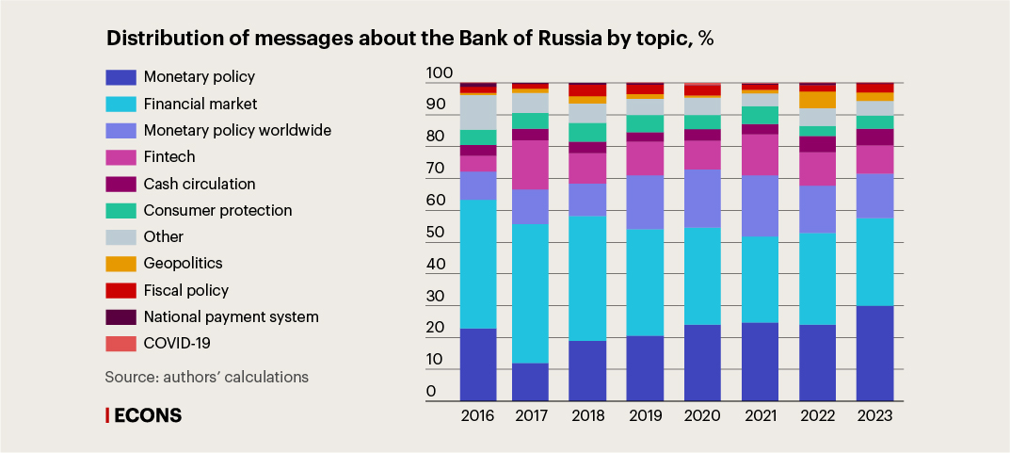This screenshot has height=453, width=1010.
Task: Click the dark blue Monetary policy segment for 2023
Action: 874,353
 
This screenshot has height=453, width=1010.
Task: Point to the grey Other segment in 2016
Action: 478,112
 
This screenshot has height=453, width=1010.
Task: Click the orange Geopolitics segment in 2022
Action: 817,100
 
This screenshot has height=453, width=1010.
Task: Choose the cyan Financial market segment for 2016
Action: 478,264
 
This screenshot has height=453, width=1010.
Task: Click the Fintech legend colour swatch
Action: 120,157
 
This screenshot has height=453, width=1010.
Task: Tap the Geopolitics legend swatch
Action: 120,264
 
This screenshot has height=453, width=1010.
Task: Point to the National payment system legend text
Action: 231,317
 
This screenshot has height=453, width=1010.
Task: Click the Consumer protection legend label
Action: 217,210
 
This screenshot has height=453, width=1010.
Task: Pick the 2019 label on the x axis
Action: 645,415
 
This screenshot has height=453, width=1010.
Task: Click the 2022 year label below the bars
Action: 817,415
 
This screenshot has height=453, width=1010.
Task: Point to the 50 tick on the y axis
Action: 439,233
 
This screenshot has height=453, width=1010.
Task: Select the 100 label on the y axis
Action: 440,73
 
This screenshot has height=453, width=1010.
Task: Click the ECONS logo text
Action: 147,415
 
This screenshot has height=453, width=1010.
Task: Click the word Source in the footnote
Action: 128,377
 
